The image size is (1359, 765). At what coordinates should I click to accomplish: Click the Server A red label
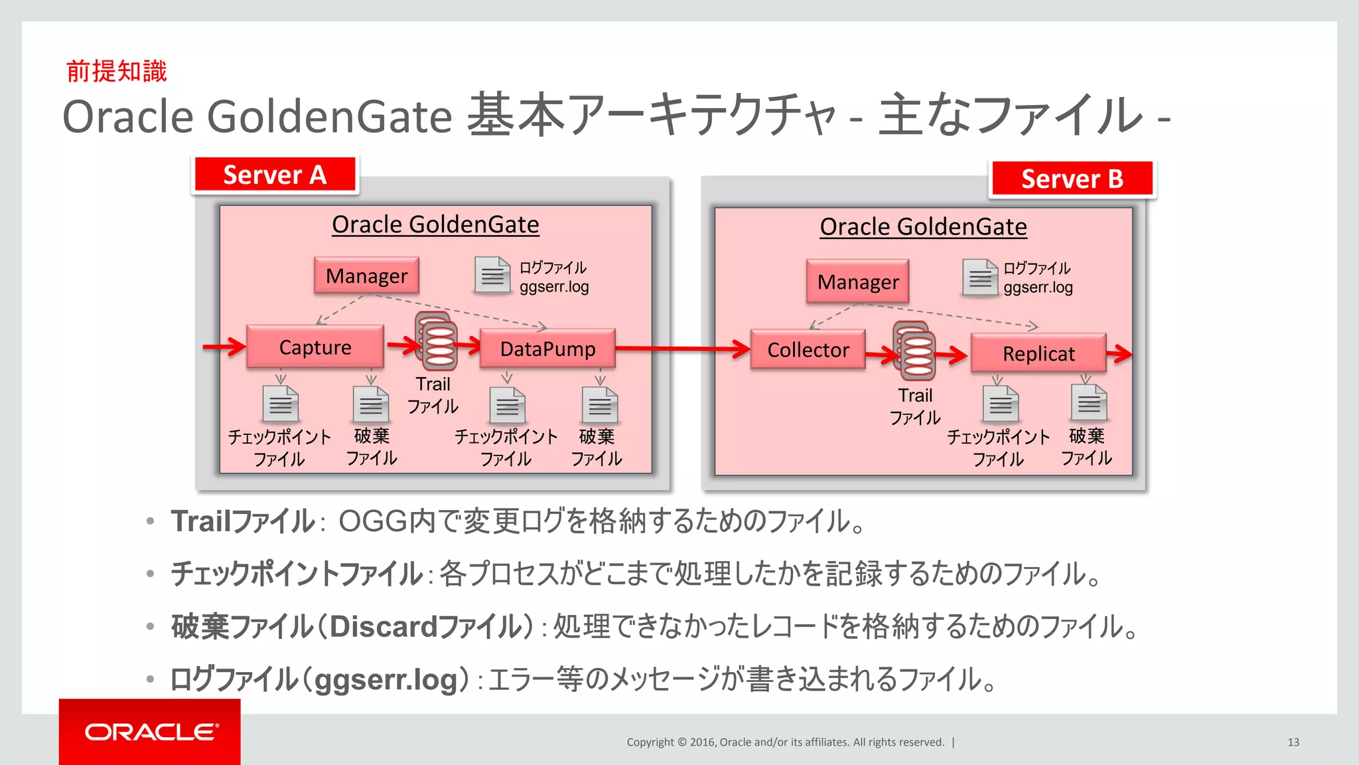pos(275,175)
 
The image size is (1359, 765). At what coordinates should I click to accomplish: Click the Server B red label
pos(1072,179)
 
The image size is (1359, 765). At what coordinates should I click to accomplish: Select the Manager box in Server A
pos(366,276)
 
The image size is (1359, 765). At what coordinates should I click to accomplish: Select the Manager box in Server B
pos(857,282)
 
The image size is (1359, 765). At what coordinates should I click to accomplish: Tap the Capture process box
pos(315,347)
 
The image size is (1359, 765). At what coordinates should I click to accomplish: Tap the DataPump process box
pos(547,349)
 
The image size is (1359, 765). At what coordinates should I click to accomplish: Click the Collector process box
pos(808,350)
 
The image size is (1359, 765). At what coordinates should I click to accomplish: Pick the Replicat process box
pos(1038,354)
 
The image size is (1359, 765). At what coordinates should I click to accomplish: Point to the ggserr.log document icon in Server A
pos(492,275)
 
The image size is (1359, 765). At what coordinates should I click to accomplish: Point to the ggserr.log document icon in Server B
pos(979,278)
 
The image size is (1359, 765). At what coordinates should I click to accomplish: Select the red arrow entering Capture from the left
pos(224,346)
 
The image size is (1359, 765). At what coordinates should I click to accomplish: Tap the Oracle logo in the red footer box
pos(151,732)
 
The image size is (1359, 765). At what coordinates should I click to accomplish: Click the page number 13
pos(1293,742)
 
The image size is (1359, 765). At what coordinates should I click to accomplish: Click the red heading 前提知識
pos(117,71)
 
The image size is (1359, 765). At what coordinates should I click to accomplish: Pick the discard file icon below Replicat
pos(1088,402)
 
